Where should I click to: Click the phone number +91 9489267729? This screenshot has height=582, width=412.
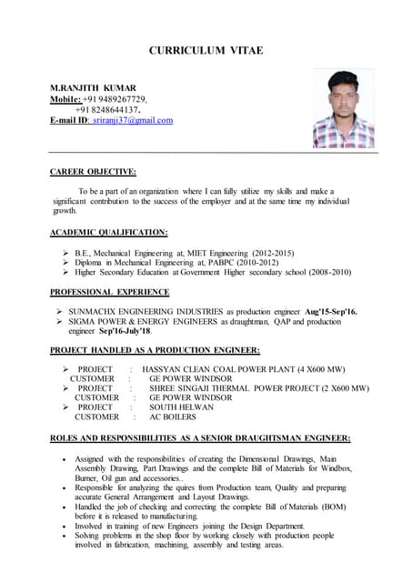point(116,99)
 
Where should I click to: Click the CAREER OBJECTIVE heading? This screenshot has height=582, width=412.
point(93,171)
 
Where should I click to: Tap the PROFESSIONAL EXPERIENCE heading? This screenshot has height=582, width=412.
point(109,292)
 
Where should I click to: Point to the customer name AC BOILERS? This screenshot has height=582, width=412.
point(172,417)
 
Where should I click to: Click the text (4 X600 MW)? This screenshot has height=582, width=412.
point(314,368)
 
